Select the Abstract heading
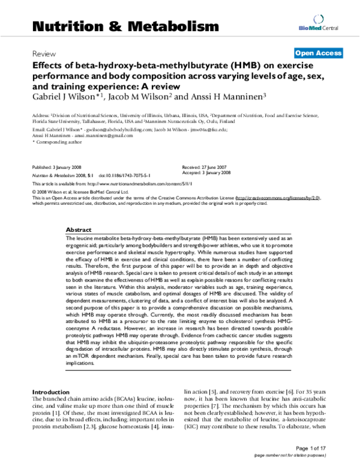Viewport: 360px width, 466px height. click(79, 230)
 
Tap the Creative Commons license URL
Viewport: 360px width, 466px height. click(271, 197)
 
